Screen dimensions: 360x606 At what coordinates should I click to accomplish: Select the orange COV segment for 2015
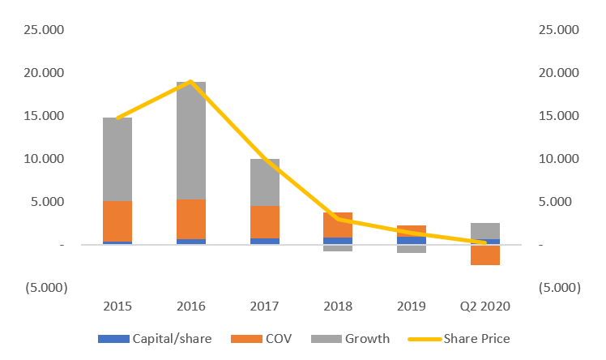click(x=117, y=221)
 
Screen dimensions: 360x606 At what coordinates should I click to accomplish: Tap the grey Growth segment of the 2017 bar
click(x=264, y=182)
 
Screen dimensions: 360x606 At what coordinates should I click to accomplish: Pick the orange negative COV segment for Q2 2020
click(x=485, y=255)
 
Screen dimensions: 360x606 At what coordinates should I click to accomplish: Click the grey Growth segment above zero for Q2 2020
click(x=485, y=230)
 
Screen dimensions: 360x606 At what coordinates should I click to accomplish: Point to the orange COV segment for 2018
click(x=338, y=225)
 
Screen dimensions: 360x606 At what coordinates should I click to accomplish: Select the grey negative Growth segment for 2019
click(x=412, y=249)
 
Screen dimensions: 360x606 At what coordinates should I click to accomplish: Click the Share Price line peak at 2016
click(x=190, y=81)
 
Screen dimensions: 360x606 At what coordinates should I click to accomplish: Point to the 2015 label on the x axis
click(x=117, y=307)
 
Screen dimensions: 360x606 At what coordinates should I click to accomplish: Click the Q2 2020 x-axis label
click(x=485, y=307)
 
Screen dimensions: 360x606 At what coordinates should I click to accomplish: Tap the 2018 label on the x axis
click(x=338, y=307)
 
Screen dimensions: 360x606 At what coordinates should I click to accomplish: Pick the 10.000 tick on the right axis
click(x=559, y=158)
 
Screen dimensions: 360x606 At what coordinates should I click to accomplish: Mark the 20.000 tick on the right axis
click(x=559, y=72)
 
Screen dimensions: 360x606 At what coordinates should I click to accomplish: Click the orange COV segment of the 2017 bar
click(x=264, y=221)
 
